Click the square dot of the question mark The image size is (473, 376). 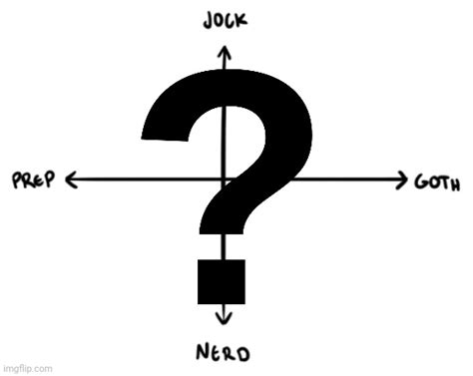[x=221, y=282]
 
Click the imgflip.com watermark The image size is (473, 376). [x=27, y=368]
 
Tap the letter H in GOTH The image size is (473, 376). [x=454, y=183]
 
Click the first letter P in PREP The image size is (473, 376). [x=17, y=182]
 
